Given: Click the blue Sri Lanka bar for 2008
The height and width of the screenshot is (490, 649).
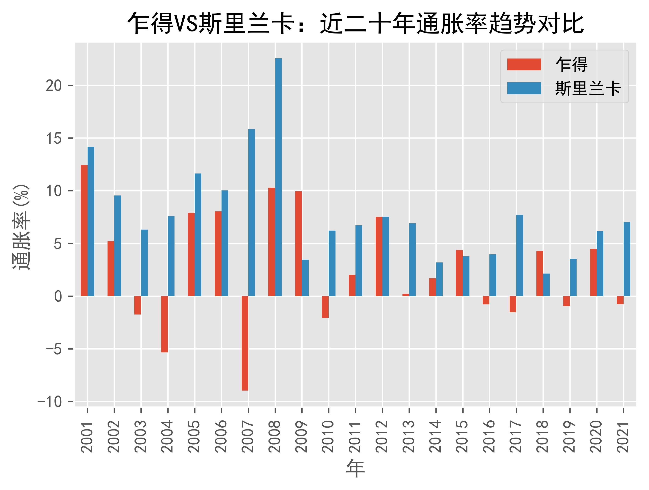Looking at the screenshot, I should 278,177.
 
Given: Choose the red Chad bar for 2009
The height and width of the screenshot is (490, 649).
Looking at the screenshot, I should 298,243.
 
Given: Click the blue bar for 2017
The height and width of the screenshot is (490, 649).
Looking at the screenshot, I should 520,256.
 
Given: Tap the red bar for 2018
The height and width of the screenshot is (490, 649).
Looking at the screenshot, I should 540,274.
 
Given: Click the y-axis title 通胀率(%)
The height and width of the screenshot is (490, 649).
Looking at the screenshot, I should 21,227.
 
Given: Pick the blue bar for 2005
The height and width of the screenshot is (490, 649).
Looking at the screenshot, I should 198,235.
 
